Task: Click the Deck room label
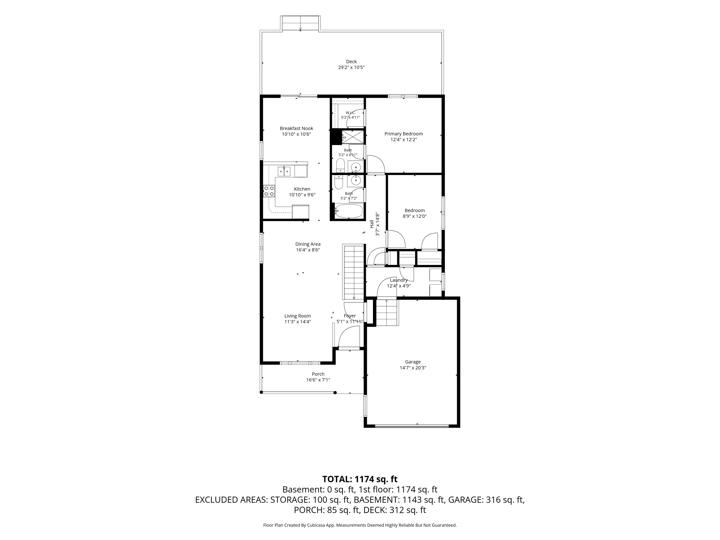pyautogui.click(x=351, y=61)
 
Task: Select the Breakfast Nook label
pyautogui.click(x=296, y=128)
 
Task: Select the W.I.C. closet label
pyautogui.click(x=350, y=113)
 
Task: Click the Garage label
pyautogui.click(x=413, y=362)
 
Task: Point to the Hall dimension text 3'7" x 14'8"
pyautogui.click(x=378, y=224)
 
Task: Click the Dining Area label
pyautogui.click(x=308, y=244)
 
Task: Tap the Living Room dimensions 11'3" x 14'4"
pyautogui.click(x=298, y=322)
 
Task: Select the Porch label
pyautogui.click(x=318, y=374)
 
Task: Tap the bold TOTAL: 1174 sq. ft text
pyautogui.click(x=360, y=479)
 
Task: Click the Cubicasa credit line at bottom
pyautogui.click(x=360, y=525)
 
